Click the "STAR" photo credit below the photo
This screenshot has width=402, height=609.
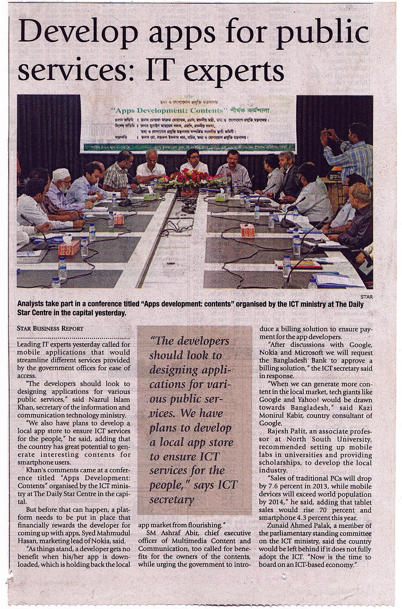click(x=366, y=297)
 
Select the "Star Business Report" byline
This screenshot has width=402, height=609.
click(x=50, y=328)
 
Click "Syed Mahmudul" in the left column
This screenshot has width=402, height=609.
click(x=108, y=525)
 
